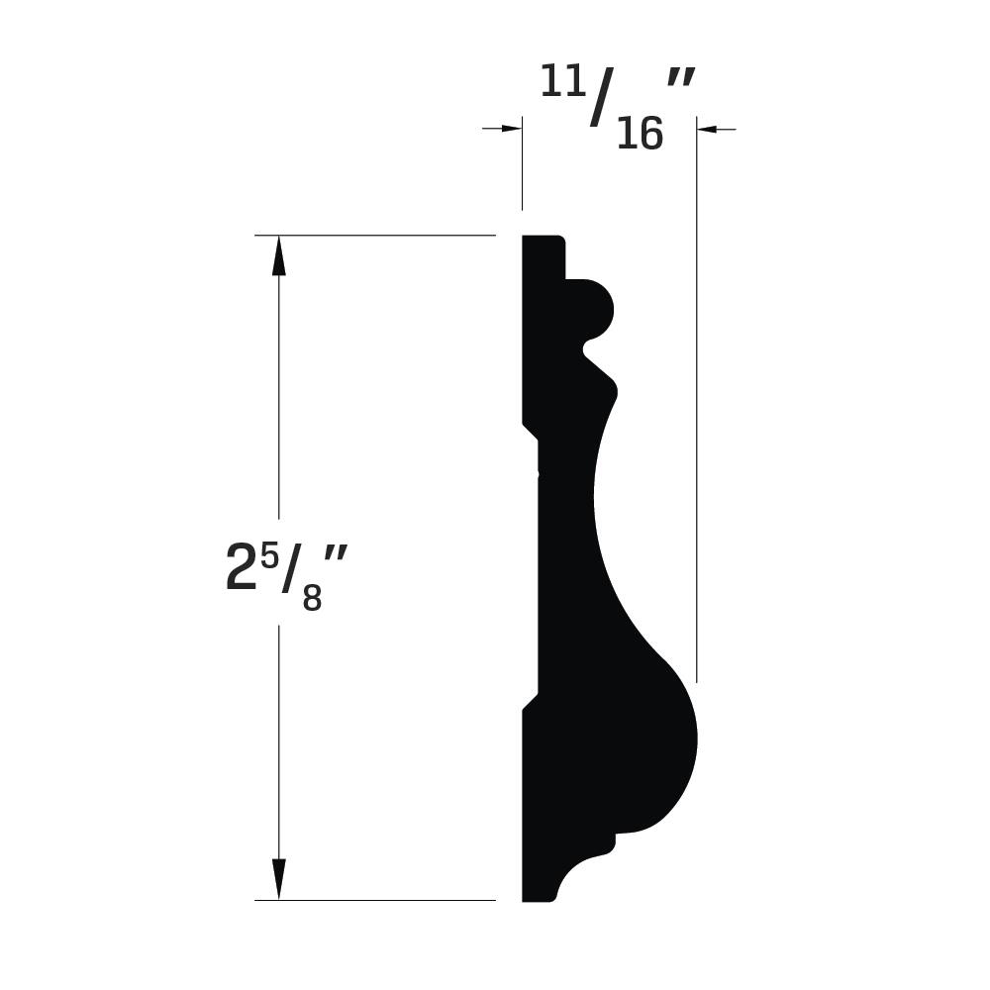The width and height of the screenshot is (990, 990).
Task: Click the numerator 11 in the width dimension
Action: [562, 82]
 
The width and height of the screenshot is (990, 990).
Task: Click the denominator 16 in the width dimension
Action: [640, 134]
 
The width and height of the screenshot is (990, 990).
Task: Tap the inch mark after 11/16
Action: [681, 81]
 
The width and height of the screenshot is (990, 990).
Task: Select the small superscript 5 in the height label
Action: [269, 558]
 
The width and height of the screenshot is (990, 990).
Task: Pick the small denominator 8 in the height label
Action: [313, 597]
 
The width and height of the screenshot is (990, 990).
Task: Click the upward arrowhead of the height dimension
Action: [278, 255]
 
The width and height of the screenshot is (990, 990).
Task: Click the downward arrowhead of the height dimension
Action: [278, 879]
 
